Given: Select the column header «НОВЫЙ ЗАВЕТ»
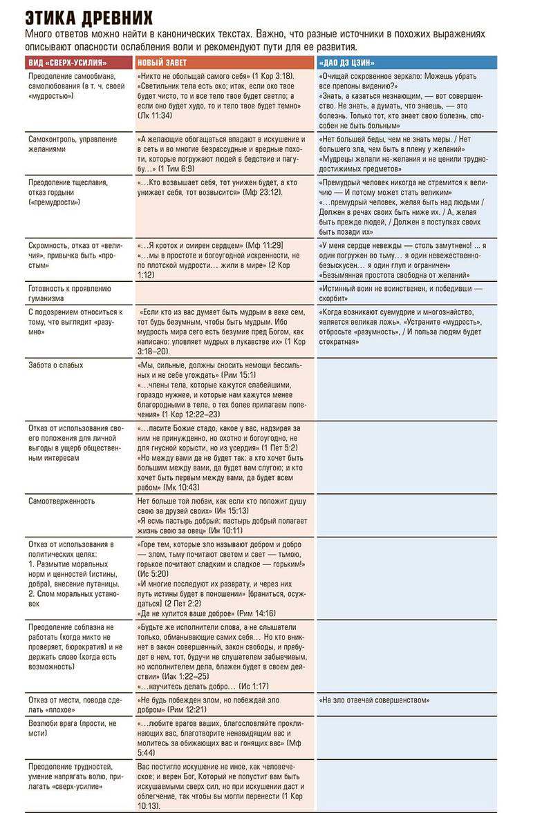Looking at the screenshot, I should coord(162,63).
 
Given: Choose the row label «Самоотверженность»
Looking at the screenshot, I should coord(62,501).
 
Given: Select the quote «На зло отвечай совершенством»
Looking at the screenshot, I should coord(374,700).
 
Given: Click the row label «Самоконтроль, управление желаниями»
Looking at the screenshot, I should coord(73,144).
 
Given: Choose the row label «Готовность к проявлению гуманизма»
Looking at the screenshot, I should coord(69,293).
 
